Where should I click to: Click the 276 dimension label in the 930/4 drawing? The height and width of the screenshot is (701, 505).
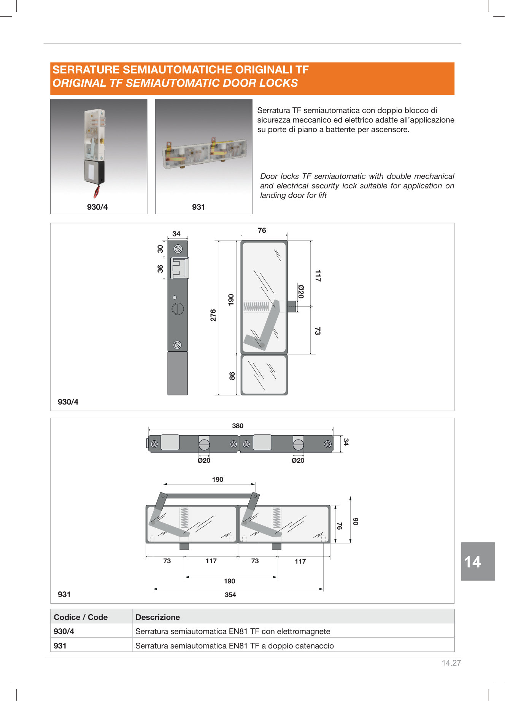(213, 315)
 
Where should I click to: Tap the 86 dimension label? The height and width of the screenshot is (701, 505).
(232, 376)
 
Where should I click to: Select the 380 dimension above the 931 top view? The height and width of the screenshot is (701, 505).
(238, 426)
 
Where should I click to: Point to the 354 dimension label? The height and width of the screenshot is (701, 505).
(230, 595)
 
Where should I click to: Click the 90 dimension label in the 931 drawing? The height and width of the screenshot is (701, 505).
(355, 521)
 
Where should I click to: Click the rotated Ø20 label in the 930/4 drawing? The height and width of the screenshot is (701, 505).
(301, 292)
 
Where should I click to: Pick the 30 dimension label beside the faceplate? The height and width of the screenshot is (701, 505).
(160, 249)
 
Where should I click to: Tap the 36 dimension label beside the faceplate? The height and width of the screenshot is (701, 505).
(160, 269)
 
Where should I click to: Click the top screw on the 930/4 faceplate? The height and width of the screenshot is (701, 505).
(178, 249)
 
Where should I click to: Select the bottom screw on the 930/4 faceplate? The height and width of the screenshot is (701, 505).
(177, 345)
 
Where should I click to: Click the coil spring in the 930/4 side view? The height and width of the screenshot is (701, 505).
(256, 306)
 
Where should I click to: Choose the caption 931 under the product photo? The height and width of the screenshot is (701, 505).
(199, 207)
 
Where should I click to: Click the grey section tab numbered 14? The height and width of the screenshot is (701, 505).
(478, 561)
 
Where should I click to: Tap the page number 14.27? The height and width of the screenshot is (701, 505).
(451, 663)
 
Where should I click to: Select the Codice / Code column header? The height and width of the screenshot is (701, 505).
(81, 617)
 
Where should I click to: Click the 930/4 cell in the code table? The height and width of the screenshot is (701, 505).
(64, 631)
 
